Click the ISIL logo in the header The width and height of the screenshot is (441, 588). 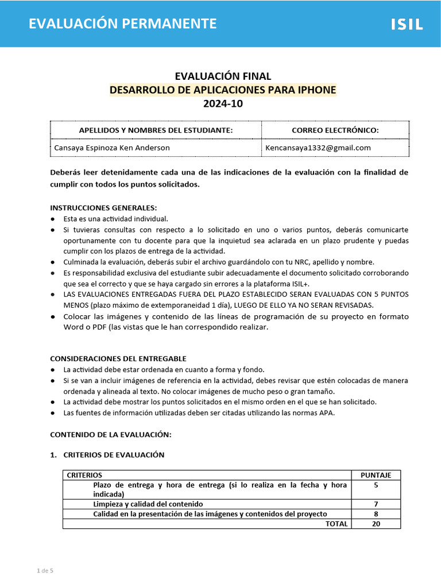[x=407, y=24]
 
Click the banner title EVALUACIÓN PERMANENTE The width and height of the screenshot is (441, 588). [x=123, y=24]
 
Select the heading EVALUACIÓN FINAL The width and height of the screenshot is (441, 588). [x=223, y=76]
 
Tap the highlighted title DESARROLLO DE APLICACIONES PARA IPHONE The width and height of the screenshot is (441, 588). [x=223, y=90]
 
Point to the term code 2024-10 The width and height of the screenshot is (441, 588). [x=223, y=104]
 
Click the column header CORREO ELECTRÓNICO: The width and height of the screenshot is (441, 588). [x=335, y=130]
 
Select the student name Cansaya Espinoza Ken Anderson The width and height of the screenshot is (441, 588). [x=111, y=148]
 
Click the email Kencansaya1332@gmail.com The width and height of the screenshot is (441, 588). [x=318, y=148]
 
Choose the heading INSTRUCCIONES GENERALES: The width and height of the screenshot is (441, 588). [x=103, y=208]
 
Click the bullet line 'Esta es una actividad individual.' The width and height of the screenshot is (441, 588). [x=115, y=219]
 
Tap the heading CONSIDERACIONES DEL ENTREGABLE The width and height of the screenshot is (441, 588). [x=118, y=358]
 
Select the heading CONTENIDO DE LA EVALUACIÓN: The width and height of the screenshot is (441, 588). [x=111, y=435]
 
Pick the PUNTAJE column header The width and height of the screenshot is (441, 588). [x=376, y=475]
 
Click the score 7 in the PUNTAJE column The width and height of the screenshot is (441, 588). [x=376, y=504]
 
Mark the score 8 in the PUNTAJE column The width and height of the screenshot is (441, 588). [x=376, y=514]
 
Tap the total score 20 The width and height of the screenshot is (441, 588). [x=376, y=524]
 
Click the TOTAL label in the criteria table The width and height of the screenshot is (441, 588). [x=336, y=524]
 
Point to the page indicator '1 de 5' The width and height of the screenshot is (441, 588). [x=45, y=571]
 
